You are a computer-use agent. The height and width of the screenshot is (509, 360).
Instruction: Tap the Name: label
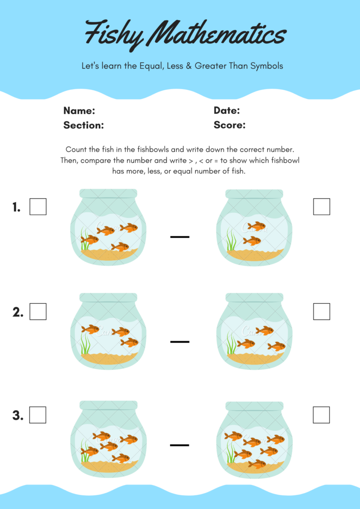79,111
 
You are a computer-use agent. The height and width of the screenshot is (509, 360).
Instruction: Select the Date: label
226,111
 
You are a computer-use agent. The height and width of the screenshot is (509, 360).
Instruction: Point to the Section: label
83,125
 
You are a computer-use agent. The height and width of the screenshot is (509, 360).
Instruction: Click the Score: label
229,125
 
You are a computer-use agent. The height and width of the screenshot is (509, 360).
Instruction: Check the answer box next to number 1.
38,207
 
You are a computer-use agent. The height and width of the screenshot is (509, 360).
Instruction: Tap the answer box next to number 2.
38,312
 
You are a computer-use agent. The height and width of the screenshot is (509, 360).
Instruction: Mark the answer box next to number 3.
38,415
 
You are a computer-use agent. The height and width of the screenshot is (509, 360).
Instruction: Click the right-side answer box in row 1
322,207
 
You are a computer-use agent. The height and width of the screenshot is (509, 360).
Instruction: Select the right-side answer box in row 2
322,312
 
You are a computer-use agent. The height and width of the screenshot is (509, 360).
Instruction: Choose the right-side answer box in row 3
322,415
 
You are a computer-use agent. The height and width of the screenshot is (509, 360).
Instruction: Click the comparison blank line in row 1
180,237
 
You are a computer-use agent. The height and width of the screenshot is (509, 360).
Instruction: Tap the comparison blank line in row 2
180,341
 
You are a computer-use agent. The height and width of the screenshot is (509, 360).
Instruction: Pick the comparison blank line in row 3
180,444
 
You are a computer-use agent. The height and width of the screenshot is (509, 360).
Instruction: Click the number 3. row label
18,415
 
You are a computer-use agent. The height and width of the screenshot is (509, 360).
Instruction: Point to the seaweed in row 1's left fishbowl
84,241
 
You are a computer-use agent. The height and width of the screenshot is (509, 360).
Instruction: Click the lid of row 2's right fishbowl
254,298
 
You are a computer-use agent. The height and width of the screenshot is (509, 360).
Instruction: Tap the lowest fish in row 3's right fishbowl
257,464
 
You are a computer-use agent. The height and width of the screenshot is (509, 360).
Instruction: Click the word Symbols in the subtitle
266,66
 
